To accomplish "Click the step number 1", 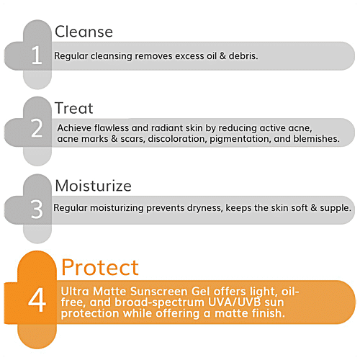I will click(37, 56).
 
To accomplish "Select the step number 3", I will click(37, 210).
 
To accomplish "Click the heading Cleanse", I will click(84, 32).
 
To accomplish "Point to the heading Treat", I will click(74, 109).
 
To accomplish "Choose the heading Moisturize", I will click(94, 186).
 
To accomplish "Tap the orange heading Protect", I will click(99, 267).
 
